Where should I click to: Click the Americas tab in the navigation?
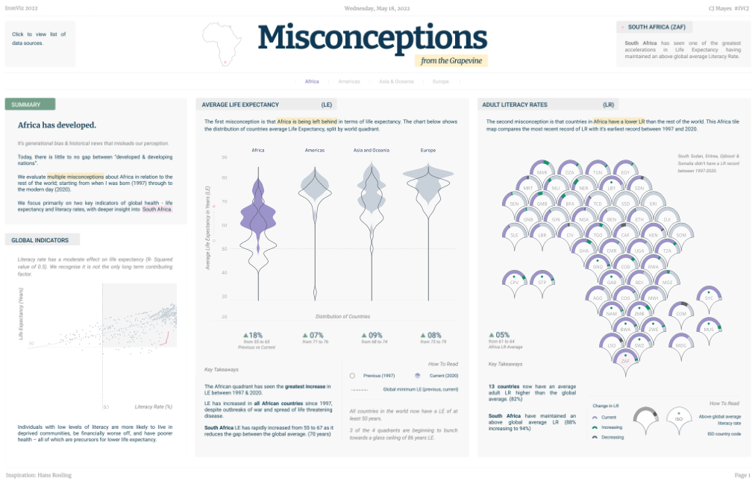(x=348, y=81)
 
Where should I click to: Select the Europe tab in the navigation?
(x=440, y=81)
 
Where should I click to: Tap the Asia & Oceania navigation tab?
(x=395, y=81)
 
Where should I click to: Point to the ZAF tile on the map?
(x=625, y=360)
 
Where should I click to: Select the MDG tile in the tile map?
(x=680, y=346)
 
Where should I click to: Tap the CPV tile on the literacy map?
(x=513, y=283)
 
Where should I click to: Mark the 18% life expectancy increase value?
(x=253, y=336)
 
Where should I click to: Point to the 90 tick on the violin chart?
(x=224, y=157)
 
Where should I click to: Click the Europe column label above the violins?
(x=428, y=151)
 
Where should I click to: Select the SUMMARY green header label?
(x=30, y=104)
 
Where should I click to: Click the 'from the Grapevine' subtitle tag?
(x=451, y=61)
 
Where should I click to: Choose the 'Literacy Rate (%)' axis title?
(x=154, y=406)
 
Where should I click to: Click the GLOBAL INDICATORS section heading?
(x=40, y=240)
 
